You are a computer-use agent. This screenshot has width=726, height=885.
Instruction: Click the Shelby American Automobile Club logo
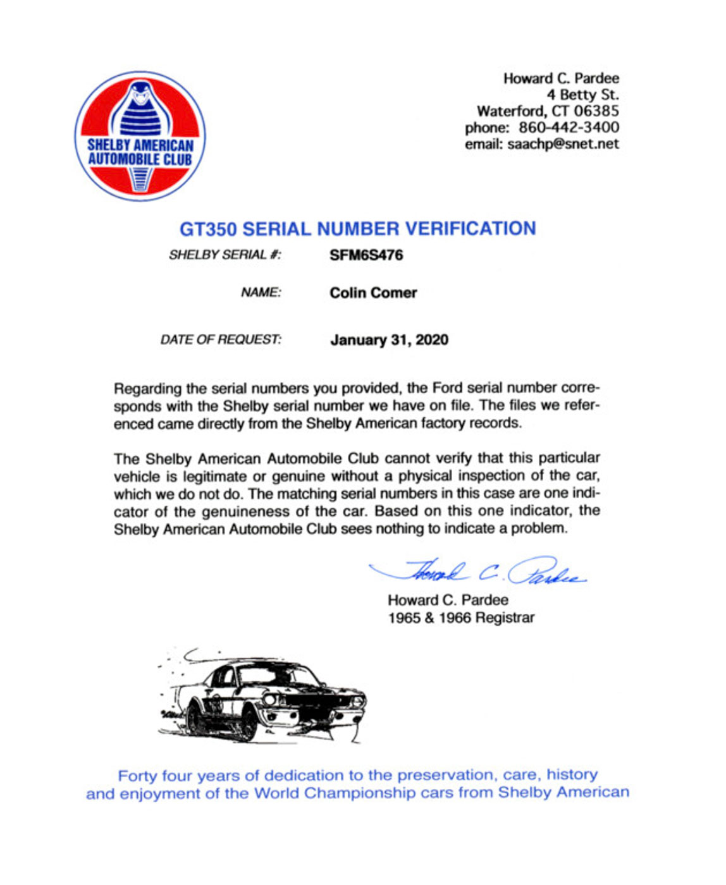(x=140, y=136)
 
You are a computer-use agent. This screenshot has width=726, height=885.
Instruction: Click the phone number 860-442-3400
(x=569, y=128)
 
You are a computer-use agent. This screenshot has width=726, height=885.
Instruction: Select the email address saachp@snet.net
(x=563, y=144)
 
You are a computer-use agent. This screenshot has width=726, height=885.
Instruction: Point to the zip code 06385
(x=596, y=111)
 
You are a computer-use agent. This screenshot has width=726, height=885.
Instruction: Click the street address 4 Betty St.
(x=582, y=95)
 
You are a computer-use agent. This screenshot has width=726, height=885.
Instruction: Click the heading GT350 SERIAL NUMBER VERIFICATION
(x=357, y=228)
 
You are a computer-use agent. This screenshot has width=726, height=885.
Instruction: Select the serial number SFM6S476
(x=366, y=255)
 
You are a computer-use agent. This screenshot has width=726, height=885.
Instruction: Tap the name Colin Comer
(x=373, y=293)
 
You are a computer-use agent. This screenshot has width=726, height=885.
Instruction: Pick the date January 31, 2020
(x=389, y=340)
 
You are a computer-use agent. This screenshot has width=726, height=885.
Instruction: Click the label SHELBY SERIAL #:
(x=225, y=255)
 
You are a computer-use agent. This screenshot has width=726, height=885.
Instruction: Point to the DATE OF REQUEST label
(x=221, y=340)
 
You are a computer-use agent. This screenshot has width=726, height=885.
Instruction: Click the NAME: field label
(x=261, y=293)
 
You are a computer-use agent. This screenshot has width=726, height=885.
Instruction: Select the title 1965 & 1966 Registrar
(x=461, y=618)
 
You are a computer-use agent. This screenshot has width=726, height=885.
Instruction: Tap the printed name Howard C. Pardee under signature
(x=448, y=600)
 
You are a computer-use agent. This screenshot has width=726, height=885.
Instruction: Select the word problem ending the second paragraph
(x=537, y=528)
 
